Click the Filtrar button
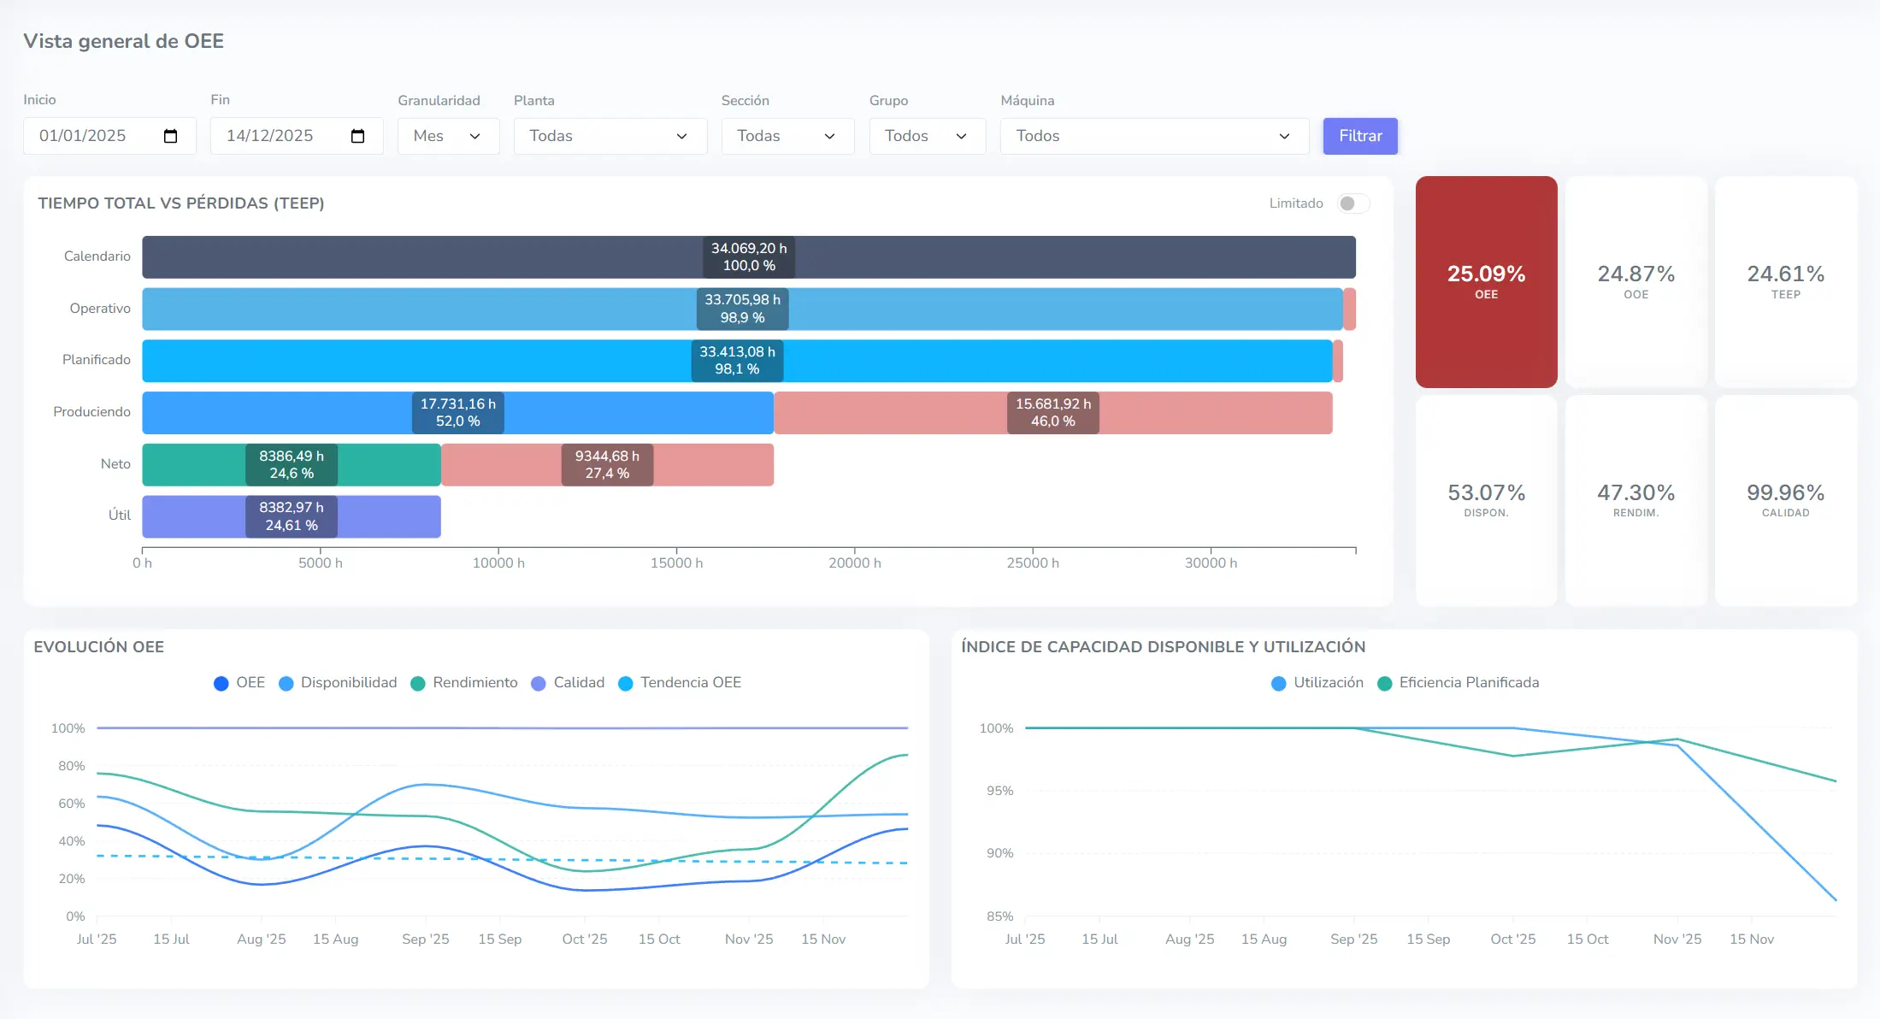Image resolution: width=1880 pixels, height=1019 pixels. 1359,136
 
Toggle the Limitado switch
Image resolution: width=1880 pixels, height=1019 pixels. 1353,203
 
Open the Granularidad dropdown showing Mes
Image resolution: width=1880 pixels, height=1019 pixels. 448,136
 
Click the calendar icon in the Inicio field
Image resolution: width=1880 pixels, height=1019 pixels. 170,136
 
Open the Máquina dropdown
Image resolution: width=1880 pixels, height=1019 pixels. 1153,136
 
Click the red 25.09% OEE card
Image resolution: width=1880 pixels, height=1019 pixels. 1486,281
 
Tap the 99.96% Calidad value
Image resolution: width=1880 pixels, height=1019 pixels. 1785,493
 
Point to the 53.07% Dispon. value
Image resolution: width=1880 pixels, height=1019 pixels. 1486,493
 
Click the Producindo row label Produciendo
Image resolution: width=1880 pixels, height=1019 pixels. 92,412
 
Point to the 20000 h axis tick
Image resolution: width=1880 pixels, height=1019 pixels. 854,563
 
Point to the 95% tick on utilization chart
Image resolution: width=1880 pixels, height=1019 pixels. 999,791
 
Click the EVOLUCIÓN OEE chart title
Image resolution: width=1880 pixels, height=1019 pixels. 99,647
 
